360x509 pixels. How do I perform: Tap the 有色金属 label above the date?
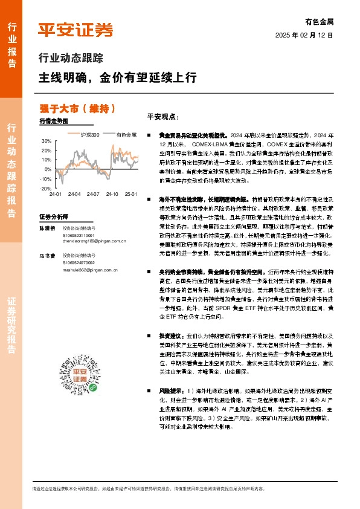click(x=320, y=22)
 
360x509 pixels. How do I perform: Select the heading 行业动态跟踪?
click(x=71, y=59)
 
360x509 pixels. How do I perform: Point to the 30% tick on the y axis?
click(x=47, y=141)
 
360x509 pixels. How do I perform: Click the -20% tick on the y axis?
click(x=46, y=189)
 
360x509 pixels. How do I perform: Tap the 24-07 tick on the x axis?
click(x=93, y=194)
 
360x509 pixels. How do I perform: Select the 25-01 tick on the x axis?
click(x=130, y=194)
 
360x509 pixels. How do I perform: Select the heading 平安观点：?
click(x=163, y=117)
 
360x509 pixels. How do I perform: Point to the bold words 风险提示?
click(x=172, y=391)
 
